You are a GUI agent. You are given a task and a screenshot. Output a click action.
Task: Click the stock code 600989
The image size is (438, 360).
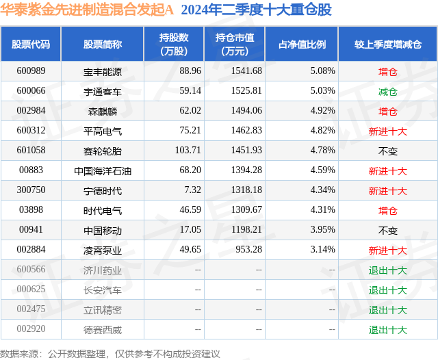tap(31, 70)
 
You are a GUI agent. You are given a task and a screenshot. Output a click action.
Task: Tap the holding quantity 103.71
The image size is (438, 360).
tap(187, 151)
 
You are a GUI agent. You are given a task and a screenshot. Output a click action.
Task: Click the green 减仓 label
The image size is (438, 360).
tap(387, 90)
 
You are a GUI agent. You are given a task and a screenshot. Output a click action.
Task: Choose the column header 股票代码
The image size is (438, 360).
tap(31, 44)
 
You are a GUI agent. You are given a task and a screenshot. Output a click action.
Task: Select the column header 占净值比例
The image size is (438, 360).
tap(302, 44)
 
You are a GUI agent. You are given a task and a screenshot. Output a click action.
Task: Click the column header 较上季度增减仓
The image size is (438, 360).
tap(387, 44)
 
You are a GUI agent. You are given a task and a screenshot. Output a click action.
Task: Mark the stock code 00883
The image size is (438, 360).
tap(31, 170)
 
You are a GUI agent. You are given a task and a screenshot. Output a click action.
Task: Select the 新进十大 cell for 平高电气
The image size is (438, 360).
tap(387, 131)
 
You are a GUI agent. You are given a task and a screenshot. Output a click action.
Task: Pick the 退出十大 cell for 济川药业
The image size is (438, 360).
tap(387, 270)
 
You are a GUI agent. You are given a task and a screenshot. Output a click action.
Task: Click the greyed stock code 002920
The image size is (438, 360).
tap(31, 330)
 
